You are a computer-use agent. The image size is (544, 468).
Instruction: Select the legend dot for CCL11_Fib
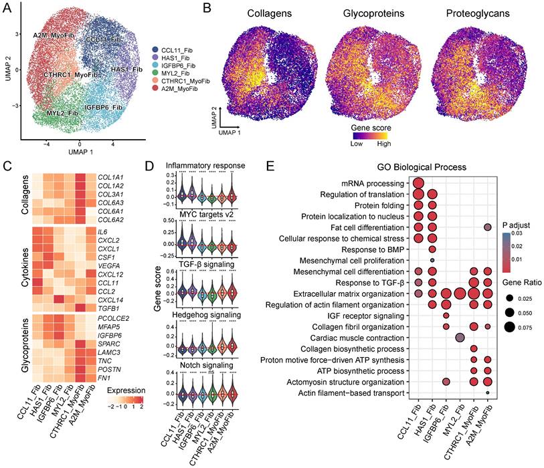pyautogui.click(x=155, y=49)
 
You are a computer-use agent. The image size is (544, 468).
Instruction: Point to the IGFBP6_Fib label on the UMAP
pyautogui.click(x=102, y=106)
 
